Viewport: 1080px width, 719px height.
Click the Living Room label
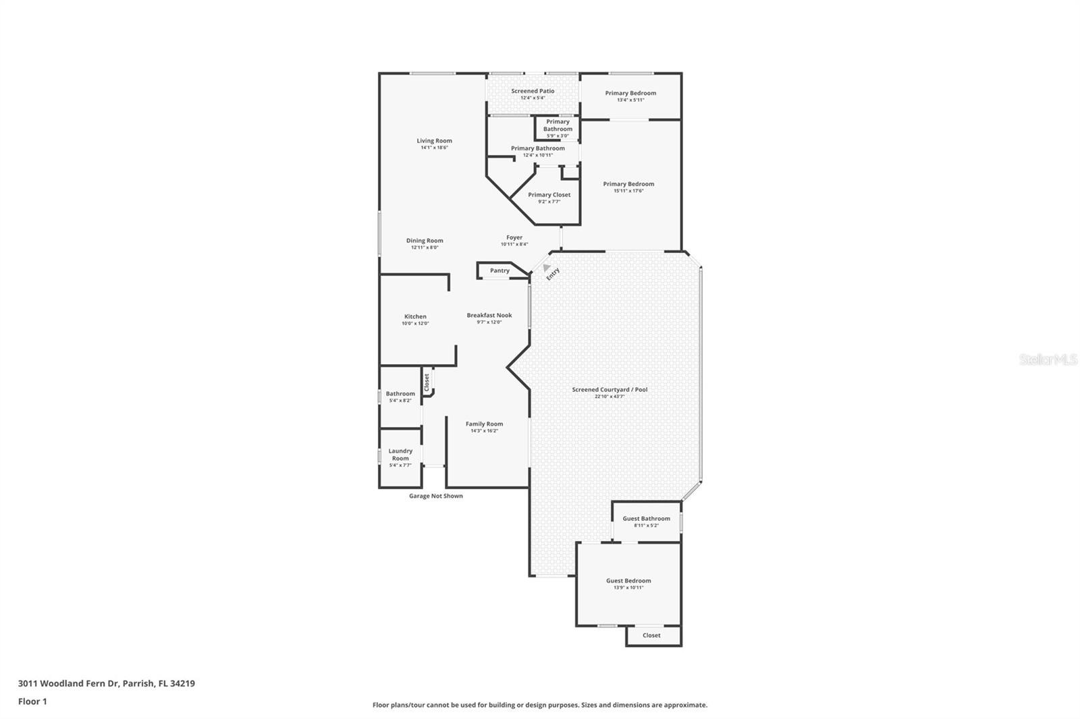pyautogui.click(x=434, y=141)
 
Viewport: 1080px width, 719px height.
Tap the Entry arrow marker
pyautogui.click(x=547, y=268)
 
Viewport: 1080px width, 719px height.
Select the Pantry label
pyautogui.click(x=500, y=270)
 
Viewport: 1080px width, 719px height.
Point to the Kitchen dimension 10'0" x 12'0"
pyautogui.click(x=415, y=324)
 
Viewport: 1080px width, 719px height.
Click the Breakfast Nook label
pyautogui.click(x=489, y=315)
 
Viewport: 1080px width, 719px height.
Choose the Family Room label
pyautogui.click(x=484, y=424)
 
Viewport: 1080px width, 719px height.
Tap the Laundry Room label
pyautogui.click(x=400, y=455)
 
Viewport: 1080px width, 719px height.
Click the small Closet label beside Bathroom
pyautogui.click(x=427, y=383)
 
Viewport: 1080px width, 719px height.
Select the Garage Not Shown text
pyautogui.click(x=436, y=496)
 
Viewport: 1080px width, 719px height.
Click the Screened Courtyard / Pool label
pyautogui.click(x=610, y=389)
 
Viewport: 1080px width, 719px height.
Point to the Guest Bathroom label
pyautogui.click(x=646, y=519)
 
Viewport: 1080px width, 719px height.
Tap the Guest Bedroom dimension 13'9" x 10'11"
pyautogui.click(x=628, y=587)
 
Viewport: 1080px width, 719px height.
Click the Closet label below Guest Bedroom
pyautogui.click(x=651, y=635)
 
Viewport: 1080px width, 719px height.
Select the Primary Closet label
pyautogui.click(x=549, y=195)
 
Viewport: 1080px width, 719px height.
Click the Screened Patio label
pyautogui.click(x=533, y=91)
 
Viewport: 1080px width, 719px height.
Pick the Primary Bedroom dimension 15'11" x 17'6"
pyautogui.click(x=628, y=191)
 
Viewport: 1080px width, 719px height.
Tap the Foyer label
pyautogui.click(x=514, y=237)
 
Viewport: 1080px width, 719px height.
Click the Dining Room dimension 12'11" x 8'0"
pyautogui.click(x=425, y=248)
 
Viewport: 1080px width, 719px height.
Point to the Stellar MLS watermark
pyautogui.click(x=1048, y=359)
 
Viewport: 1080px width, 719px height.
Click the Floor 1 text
pyautogui.click(x=32, y=701)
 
